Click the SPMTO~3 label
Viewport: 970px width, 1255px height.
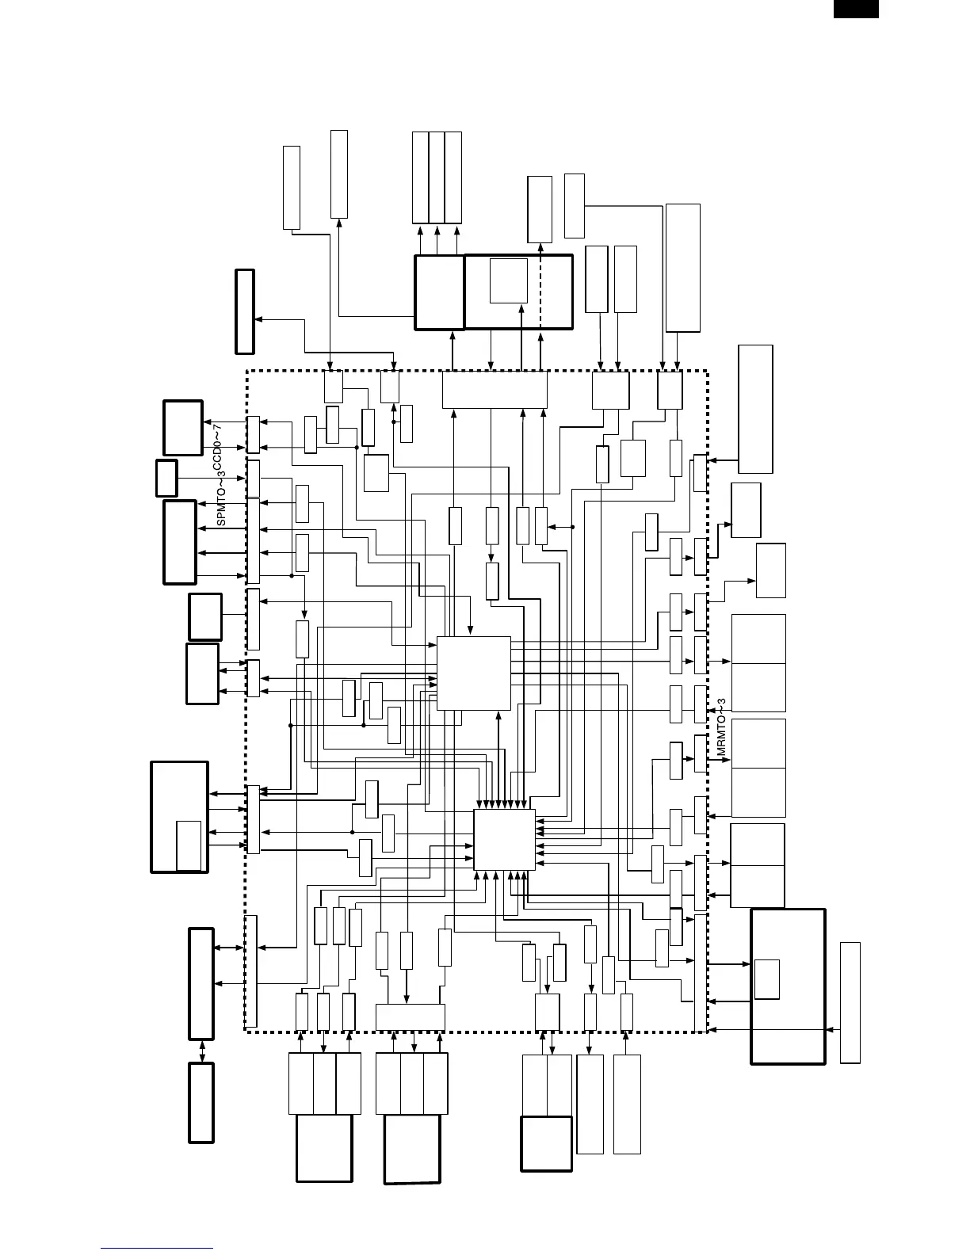222,499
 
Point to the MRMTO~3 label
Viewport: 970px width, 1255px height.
721,730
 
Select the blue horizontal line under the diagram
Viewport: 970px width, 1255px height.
157,1249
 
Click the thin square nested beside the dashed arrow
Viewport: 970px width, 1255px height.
509,280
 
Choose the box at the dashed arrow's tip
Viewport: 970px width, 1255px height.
540,209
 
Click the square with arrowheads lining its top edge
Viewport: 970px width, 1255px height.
504,840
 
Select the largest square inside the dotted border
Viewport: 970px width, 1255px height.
474,673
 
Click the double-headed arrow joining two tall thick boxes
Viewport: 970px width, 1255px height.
201,1051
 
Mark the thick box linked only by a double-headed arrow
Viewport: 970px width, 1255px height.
201,1102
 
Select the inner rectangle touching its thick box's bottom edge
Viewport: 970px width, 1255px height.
189,846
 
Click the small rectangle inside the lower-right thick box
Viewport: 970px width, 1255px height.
766,978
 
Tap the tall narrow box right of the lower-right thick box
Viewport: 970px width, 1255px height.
850,1002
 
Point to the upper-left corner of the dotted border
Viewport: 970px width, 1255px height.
247,371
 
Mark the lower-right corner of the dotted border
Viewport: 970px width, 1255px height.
706,1031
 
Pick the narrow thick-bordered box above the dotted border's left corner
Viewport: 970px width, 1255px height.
245,311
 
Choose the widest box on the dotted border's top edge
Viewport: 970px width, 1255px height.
495,390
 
